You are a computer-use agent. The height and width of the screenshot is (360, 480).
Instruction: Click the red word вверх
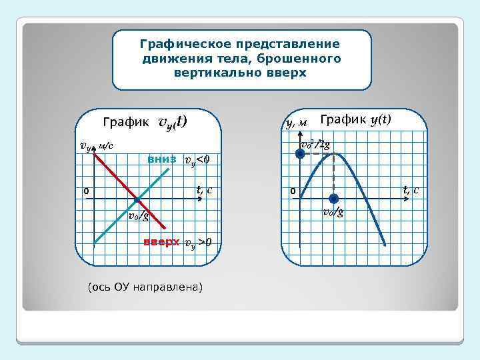tap(162, 241)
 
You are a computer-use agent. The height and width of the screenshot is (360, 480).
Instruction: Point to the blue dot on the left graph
tap(137, 199)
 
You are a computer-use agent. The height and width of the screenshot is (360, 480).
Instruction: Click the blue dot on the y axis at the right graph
tap(301, 153)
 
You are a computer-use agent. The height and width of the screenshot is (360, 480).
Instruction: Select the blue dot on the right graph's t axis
tap(333, 198)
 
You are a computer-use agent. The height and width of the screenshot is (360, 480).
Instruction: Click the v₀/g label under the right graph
tap(333, 213)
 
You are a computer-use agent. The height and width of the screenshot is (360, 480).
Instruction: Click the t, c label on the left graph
tap(205, 190)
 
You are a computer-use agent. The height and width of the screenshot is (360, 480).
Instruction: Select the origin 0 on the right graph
tap(292, 192)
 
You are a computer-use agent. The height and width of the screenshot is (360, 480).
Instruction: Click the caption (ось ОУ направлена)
tap(145, 287)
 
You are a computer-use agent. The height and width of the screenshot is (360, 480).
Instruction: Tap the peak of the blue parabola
tap(334, 154)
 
